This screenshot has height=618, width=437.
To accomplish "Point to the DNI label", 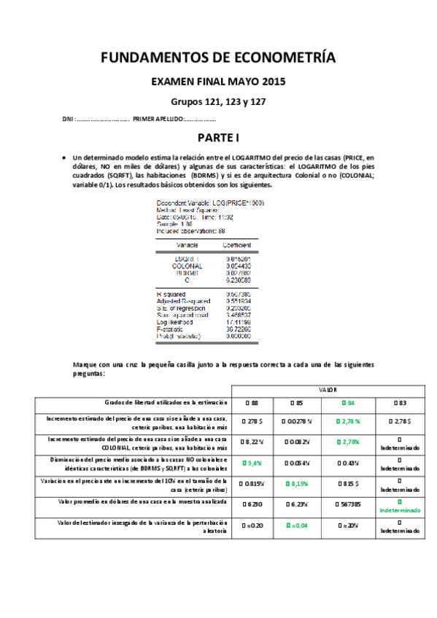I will point(67,119).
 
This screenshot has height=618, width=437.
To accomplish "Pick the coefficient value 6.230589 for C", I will point(239,280).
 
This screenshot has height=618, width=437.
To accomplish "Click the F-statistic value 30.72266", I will point(239,329).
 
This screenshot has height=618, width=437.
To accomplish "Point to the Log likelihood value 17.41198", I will point(239,321).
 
